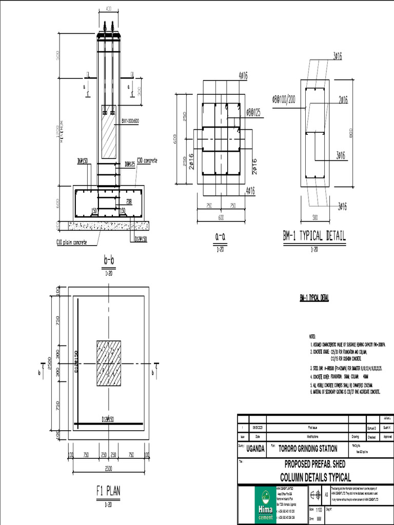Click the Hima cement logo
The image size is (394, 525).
(265, 506)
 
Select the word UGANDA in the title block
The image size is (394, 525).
(255, 448)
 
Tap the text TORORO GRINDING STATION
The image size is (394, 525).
(308, 448)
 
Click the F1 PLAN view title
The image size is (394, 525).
(108, 491)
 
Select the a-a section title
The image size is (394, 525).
(221, 235)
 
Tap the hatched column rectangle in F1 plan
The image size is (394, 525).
(109, 363)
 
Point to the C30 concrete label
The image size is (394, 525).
(147, 160)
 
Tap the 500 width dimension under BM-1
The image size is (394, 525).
(314, 217)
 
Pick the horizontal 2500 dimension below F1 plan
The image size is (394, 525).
(109, 469)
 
